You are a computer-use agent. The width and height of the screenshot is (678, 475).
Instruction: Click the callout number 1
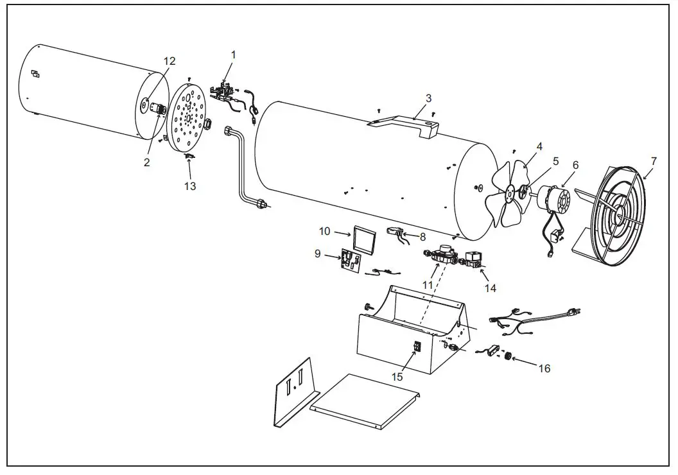tap(233, 55)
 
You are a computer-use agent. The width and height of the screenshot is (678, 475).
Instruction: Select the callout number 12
tap(169, 61)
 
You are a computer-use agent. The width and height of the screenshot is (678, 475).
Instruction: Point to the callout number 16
tap(544, 368)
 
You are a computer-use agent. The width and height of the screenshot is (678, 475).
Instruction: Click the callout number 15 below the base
tap(397, 377)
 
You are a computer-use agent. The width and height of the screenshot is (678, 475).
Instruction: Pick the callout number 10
tap(325, 230)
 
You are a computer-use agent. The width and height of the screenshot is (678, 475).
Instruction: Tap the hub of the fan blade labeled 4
tap(509, 191)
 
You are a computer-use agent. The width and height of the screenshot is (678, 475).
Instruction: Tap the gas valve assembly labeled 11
tap(442, 255)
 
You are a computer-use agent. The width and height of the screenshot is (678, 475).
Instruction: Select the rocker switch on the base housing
tap(417, 347)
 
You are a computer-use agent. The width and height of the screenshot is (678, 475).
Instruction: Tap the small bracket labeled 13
tap(189, 155)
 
